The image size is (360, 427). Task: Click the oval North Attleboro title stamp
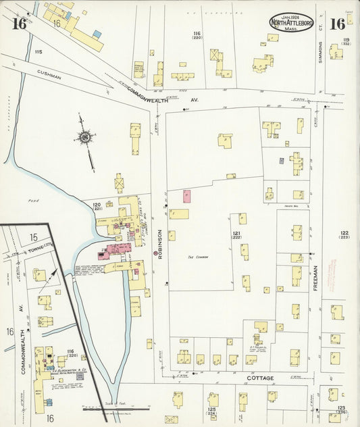(291, 23)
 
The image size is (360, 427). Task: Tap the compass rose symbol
(85, 138)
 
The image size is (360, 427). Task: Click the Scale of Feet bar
(115, 407)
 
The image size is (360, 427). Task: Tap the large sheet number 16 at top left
(18, 24)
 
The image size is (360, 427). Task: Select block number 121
(237, 234)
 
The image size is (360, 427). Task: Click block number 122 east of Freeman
(344, 234)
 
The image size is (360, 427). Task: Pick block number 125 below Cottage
(211, 411)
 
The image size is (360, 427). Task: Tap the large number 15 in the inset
(34, 237)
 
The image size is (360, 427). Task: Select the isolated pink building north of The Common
(186, 196)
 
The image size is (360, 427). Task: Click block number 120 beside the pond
(97, 206)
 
